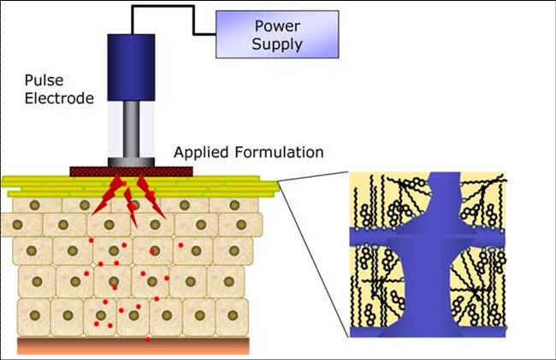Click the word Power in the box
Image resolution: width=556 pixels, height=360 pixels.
tap(277, 27)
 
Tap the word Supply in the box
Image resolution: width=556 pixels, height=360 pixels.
tap(277, 44)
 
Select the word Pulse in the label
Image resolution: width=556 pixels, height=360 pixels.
tap(44, 80)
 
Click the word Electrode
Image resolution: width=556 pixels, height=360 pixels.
tap(59, 98)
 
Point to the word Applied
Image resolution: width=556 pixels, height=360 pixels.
tap(201, 152)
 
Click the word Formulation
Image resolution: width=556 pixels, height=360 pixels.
tap(279, 152)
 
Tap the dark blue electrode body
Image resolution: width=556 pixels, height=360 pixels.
tap(131, 68)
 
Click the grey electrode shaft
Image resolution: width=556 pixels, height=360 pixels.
tap(131, 129)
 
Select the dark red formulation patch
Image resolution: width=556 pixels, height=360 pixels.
tap(131, 172)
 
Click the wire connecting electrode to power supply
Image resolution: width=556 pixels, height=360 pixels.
tap(193, 21)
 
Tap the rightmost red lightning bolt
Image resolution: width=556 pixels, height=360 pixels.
tap(151, 198)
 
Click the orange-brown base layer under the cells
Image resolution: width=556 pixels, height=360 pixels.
tap(133, 345)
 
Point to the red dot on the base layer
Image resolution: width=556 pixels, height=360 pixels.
tap(148, 339)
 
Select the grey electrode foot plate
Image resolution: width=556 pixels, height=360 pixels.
tap(131, 162)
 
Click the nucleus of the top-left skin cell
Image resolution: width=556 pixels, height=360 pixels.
tap(35, 205)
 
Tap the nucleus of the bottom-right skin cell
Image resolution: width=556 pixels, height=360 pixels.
tap(233, 315)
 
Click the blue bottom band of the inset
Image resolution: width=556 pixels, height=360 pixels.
tap(428, 331)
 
